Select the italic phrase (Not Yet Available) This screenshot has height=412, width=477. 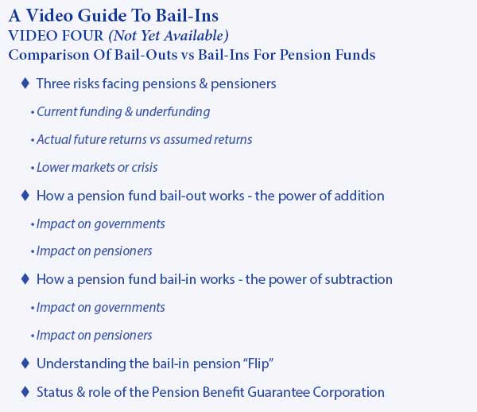169,36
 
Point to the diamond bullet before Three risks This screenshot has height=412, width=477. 25,83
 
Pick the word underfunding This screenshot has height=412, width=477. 173,111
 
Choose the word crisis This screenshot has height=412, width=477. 145,167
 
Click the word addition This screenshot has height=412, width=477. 359,196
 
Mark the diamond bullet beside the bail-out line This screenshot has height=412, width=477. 25,195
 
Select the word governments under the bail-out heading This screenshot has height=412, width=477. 130,224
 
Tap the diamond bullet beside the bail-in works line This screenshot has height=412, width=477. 25,278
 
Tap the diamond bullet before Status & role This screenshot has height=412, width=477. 25,391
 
